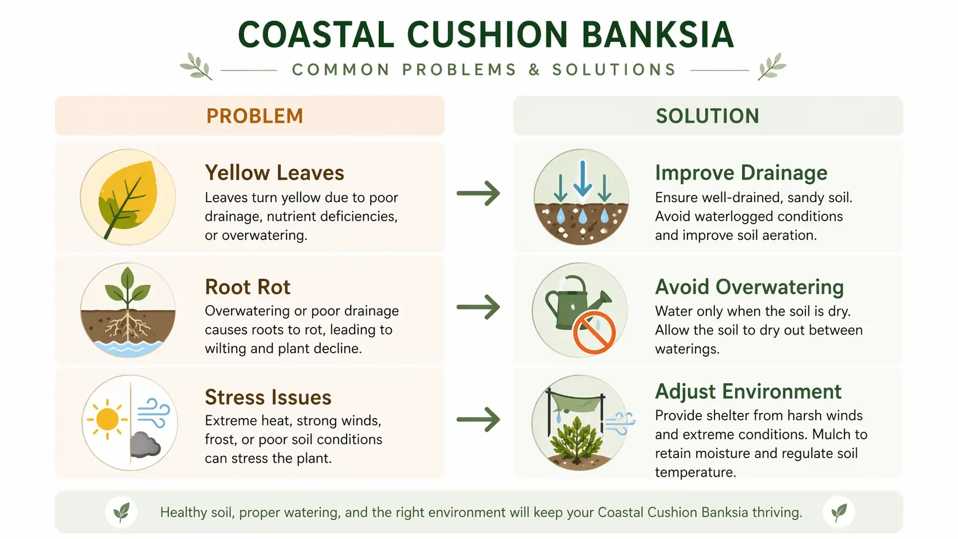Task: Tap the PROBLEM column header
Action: coord(254,116)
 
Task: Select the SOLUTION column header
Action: coord(707,116)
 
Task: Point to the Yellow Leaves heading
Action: coord(274,172)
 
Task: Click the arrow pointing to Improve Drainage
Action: coord(478,193)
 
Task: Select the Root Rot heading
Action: coord(248,286)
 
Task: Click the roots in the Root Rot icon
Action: coord(127,326)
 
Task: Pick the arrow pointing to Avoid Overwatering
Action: coord(478,307)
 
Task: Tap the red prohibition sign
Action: coord(594,333)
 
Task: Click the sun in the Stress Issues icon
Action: coord(107,419)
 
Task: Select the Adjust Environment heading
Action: coord(748,391)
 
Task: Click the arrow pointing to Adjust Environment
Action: coord(478,419)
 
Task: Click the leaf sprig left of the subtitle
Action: coord(196,66)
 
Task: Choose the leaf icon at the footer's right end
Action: coord(839,512)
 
